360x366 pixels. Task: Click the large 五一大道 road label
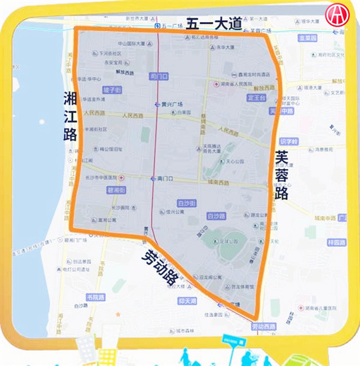pos(214,24)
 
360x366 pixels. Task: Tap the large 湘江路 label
pos(70,117)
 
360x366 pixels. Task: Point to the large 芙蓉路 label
pos(282,175)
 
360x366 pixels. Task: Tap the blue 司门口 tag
pos(158,75)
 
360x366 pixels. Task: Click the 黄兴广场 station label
pos(168,105)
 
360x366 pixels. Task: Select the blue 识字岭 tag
pos(288,141)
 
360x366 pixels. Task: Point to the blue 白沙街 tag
pos(187,203)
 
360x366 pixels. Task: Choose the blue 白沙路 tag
pos(215,215)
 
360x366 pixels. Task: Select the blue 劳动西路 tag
pos(264,326)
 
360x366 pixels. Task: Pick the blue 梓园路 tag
pos(338,242)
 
